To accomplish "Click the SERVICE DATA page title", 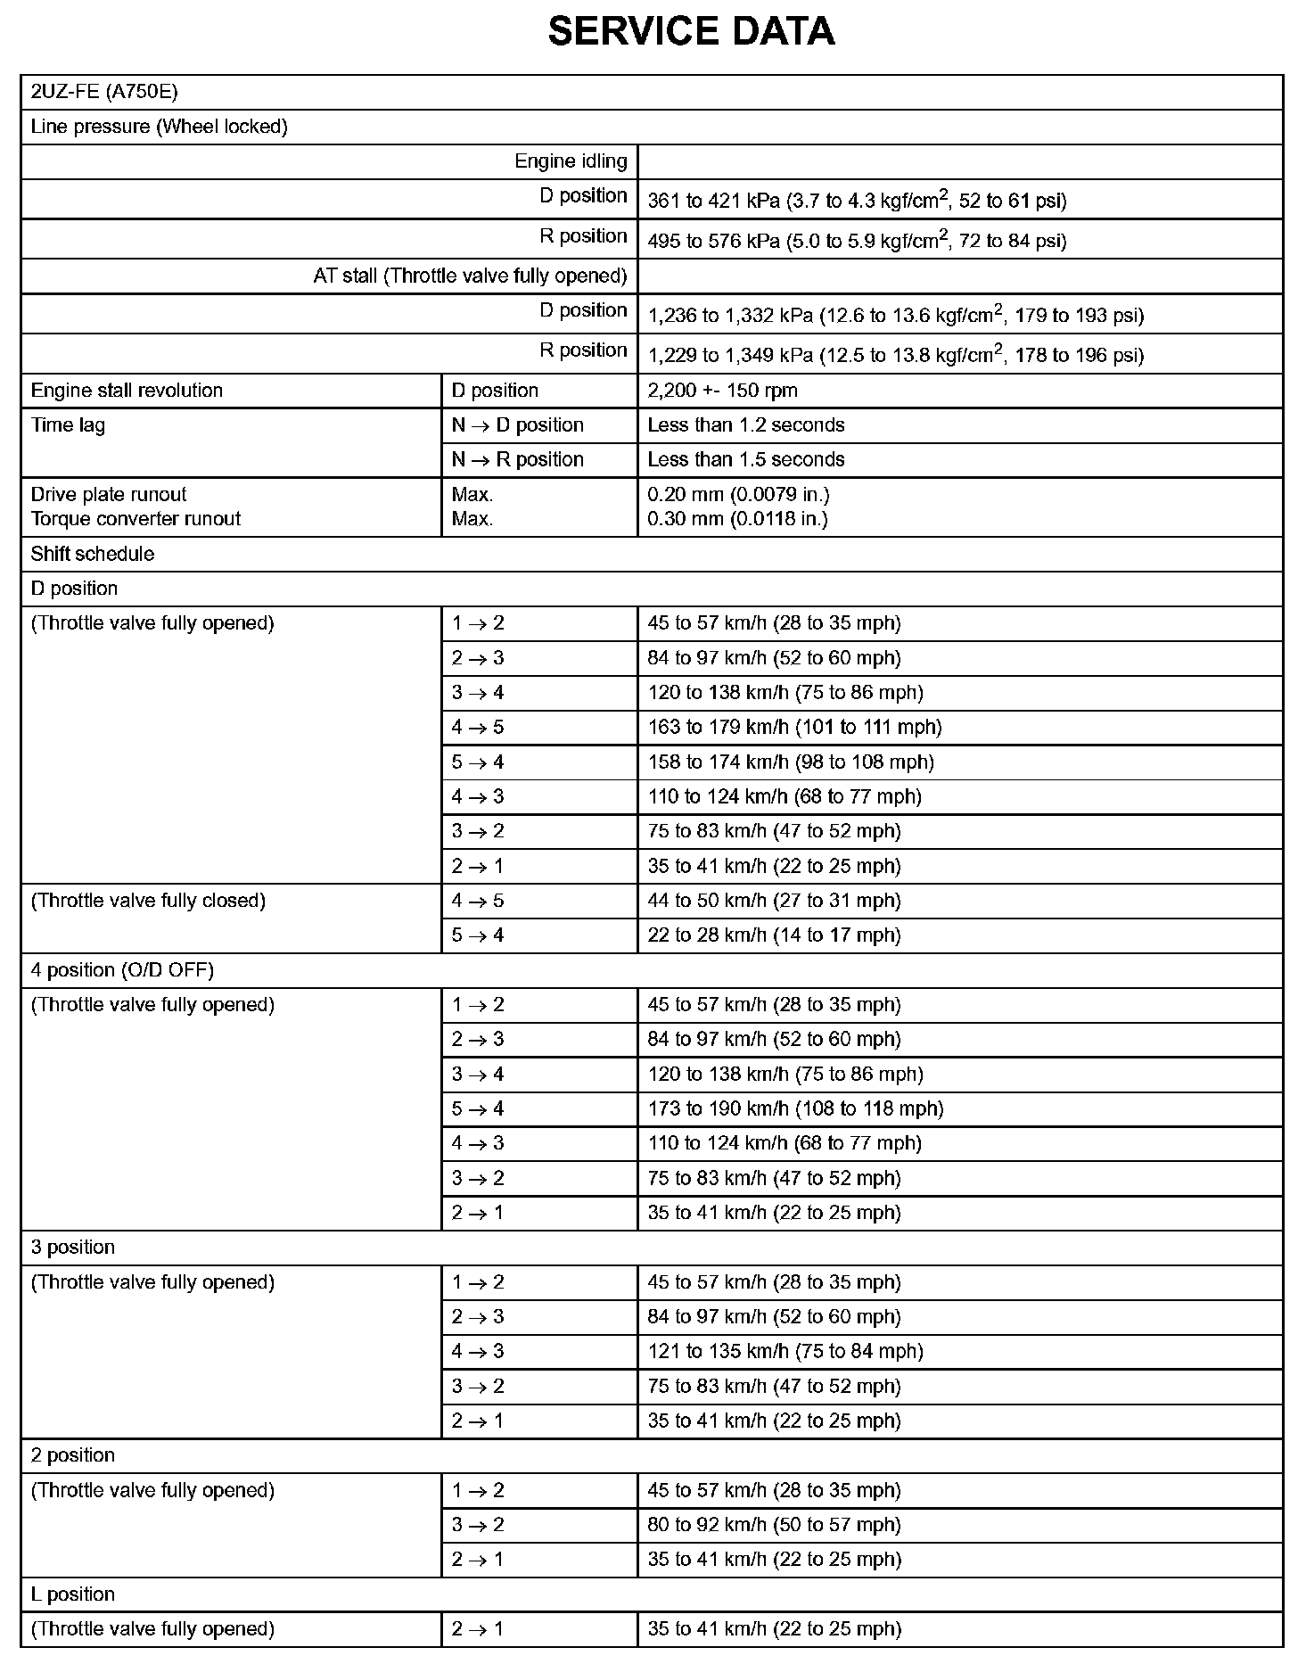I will point(691,32).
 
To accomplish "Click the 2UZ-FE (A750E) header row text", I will point(104,92).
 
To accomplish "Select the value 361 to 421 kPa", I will point(857,200).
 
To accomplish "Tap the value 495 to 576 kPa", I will point(857,240).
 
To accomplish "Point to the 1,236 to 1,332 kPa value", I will point(895,315).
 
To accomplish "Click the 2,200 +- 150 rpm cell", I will point(722,391).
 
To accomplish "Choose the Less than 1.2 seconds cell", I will point(746,425).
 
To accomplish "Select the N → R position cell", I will point(517,460).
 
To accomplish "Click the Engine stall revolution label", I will point(127,391).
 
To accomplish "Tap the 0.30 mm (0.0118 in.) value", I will point(737,519).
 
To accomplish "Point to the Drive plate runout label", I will point(109,495).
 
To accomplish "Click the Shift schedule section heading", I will point(93,554).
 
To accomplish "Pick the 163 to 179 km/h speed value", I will point(794,728).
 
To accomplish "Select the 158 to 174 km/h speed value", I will point(791,762).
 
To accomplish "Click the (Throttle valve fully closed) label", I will point(148,901).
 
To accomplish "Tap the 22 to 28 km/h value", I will point(774,935).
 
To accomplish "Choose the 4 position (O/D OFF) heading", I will point(122,970).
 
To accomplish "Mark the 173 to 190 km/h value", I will point(795,1109).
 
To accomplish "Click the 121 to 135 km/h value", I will point(785,1352).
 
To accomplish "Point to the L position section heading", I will point(73,1594).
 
